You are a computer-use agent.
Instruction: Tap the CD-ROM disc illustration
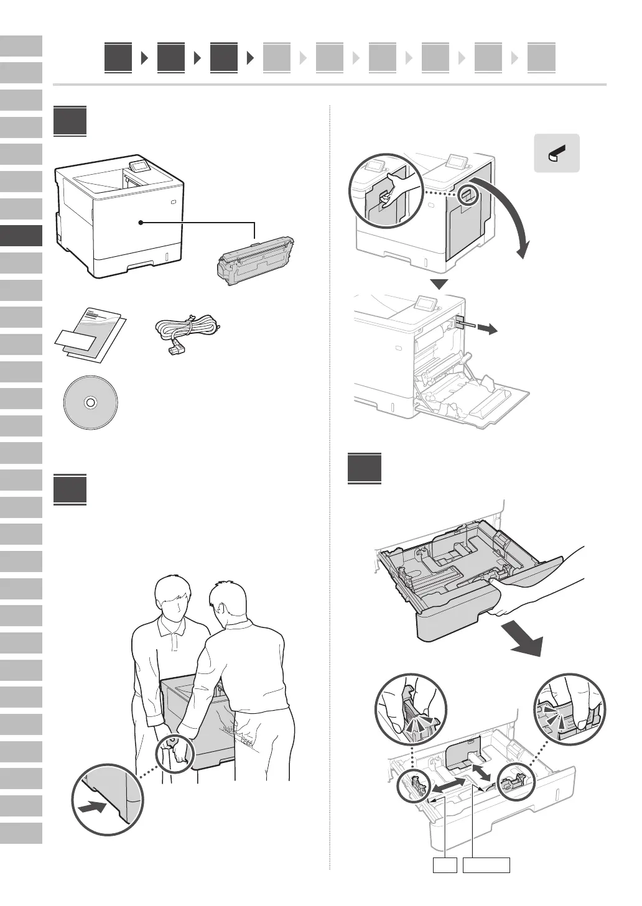(90, 402)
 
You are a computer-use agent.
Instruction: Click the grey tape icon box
(557, 153)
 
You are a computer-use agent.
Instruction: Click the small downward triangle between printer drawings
(440, 285)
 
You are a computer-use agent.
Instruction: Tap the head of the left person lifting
(175, 598)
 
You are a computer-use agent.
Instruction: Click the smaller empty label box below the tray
(445, 864)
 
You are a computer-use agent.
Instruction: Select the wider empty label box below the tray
(486, 864)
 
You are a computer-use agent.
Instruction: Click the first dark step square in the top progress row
(118, 58)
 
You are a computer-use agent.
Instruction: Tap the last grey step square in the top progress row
(541, 58)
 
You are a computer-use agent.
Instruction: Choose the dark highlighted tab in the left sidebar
(21, 236)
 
